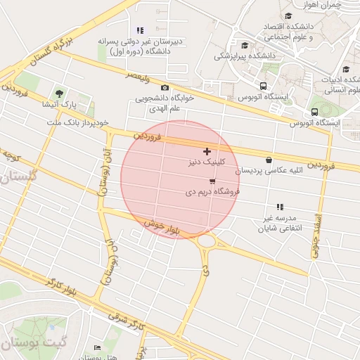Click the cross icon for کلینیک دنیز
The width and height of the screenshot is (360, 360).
click(207, 151)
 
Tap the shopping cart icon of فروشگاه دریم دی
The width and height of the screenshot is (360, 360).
click(212, 181)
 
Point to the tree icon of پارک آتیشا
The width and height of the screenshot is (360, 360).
click(58, 94)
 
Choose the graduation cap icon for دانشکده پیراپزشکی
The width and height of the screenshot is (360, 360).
click(245, 45)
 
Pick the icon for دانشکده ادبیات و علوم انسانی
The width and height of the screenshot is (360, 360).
click(346, 69)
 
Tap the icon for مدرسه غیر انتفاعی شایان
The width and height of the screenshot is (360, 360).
click(280, 207)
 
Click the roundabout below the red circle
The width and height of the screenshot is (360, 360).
click(207, 242)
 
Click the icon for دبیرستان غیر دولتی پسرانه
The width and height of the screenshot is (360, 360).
click(140, 30)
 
